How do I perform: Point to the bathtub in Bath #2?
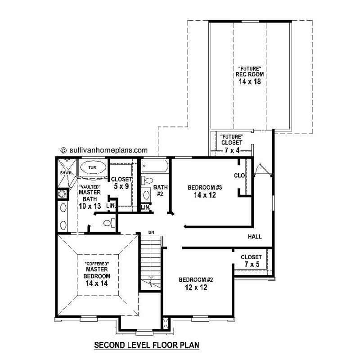(155, 167)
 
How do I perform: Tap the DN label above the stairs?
(152, 233)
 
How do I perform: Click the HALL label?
(255, 237)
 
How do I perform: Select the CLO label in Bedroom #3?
(239, 175)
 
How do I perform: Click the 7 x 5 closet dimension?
(251, 265)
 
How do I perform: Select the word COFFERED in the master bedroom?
(97, 263)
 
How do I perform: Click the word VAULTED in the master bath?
(89, 186)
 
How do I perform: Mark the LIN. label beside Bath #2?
(145, 207)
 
